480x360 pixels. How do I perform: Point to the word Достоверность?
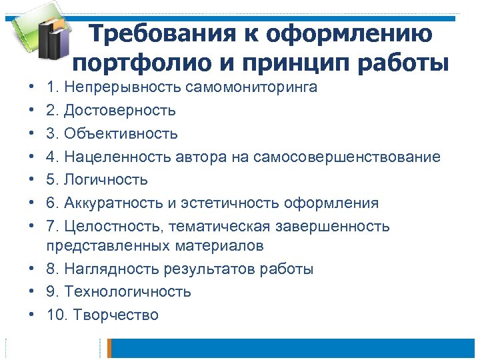(120, 111)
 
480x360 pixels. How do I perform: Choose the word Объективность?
(121, 133)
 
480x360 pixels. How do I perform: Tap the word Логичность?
(106, 180)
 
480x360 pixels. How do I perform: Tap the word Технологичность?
(128, 292)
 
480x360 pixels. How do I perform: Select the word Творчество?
(116, 315)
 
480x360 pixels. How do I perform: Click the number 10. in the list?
(57, 315)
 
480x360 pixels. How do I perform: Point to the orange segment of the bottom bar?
(111, 348)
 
